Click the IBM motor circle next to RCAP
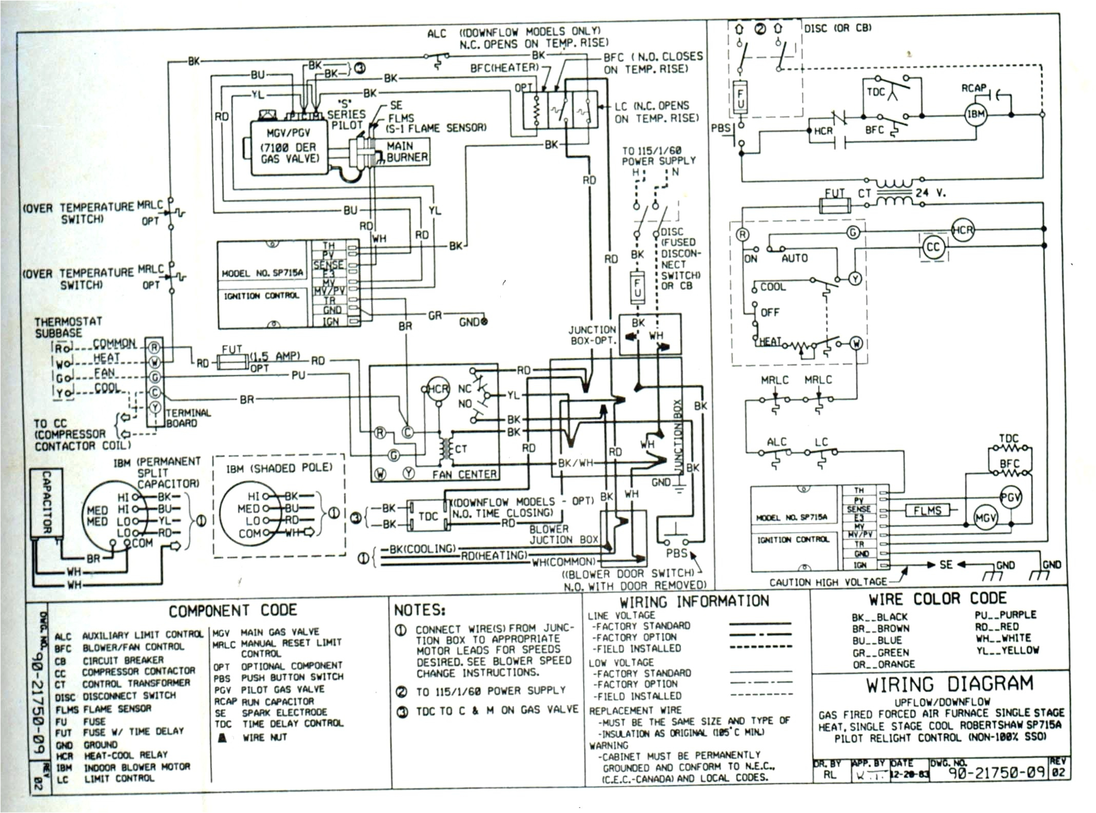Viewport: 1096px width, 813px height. [x=975, y=114]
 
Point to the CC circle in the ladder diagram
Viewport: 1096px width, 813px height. [x=932, y=247]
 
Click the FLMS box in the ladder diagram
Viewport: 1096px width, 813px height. [x=927, y=511]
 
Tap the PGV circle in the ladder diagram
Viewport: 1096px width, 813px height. [x=1010, y=497]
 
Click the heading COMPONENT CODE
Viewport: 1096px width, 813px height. [x=233, y=611]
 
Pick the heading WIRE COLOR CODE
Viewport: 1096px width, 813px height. [x=937, y=599]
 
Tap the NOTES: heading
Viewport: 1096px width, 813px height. [x=419, y=610]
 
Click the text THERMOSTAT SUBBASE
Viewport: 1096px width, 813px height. [x=68, y=327]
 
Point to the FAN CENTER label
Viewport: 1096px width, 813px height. [x=464, y=475]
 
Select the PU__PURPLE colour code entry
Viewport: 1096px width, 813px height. [x=1005, y=615]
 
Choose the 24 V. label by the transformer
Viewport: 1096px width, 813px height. [x=931, y=193]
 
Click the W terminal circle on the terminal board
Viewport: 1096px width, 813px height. [x=154, y=362]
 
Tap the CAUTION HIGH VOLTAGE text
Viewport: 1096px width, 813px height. [x=828, y=582]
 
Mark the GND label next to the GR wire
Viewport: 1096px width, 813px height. [x=469, y=322]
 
